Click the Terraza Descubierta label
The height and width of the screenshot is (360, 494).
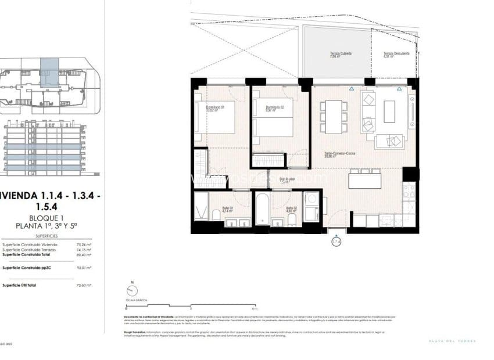[396, 55]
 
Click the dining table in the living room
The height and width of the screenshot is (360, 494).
[333, 116]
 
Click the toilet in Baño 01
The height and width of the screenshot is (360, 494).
[216, 215]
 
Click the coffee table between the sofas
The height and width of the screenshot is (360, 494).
[389, 111]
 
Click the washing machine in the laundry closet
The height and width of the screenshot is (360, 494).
[311, 199]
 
